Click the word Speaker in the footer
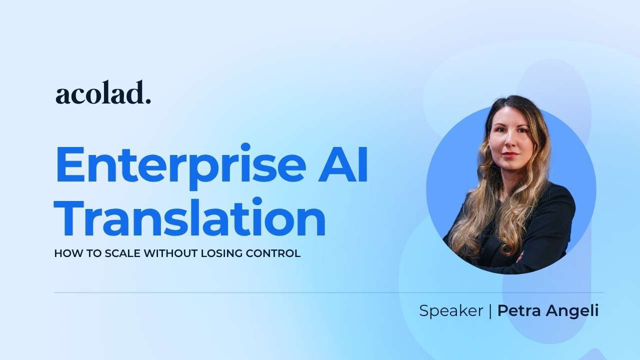(450, 311)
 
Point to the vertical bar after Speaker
(490, 311)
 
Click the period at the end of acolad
(148, 101)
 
